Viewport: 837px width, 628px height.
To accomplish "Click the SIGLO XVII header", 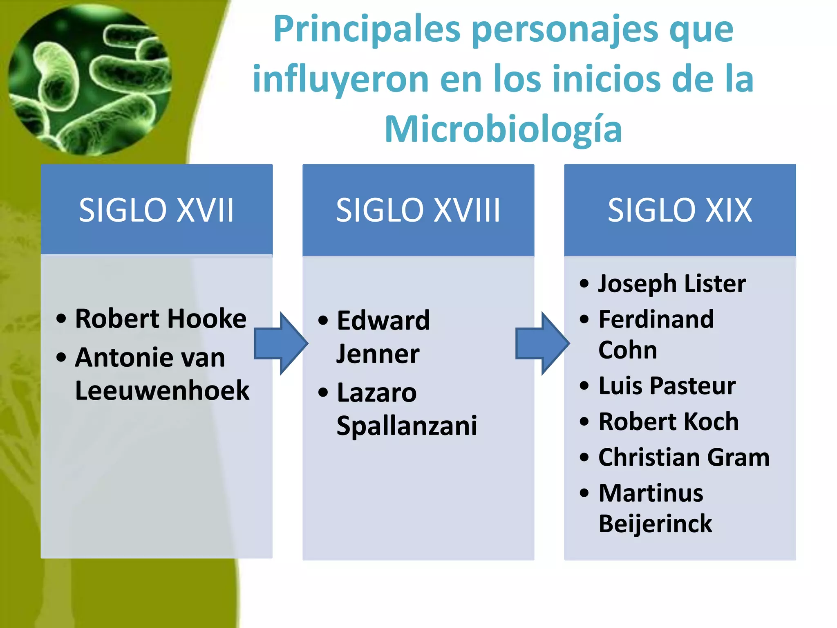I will pos(156,210).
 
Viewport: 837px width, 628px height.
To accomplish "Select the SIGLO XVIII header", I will pos(418,210).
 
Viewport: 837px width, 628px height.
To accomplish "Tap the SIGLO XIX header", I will pos(680,210).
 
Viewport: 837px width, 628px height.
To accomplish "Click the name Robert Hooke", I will pos(161,318).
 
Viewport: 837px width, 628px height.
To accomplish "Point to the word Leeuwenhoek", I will pos(162,390).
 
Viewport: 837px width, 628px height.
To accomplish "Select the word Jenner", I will pos(378,354).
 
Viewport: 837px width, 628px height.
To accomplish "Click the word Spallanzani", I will pos(407,426).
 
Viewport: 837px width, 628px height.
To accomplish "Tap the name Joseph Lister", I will pos(672,283).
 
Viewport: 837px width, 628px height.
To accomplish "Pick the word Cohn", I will pos(628,350).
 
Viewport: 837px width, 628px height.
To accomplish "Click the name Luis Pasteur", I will pos(667,386).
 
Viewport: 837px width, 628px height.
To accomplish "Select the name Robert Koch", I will pos(669,422).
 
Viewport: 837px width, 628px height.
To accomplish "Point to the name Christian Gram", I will pos(684,457).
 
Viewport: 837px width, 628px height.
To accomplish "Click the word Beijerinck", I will pos(655,524).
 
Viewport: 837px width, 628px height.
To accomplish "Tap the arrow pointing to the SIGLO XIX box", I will pos(542,343).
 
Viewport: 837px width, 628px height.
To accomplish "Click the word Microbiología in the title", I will pos(503,130).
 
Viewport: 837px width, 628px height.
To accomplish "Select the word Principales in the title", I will pos(367,29).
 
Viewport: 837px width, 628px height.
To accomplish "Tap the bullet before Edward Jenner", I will pos(323,321).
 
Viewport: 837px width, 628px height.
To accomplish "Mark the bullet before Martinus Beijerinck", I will pos(584,493).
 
